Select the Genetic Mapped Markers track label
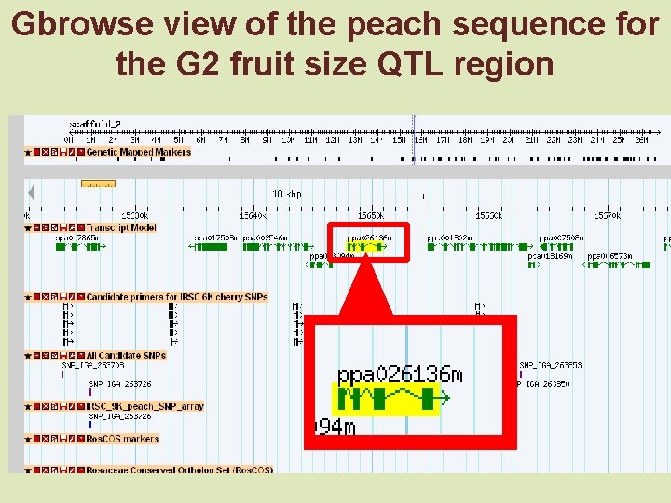click(138, 152)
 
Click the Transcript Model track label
click(121, 227)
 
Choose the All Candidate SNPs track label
click(126, 355)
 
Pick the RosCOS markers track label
click(122, 438)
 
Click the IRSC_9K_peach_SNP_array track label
click(144, 406)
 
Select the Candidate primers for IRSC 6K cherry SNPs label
click(177, 297)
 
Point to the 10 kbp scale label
click(286, 194)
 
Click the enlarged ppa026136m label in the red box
click(399, 374)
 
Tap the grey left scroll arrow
click(31, 193)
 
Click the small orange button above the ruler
click(98, 184)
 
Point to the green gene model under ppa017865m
click(79, 247)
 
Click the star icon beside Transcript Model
click(28, 227)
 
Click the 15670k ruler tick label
click(608, 215)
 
